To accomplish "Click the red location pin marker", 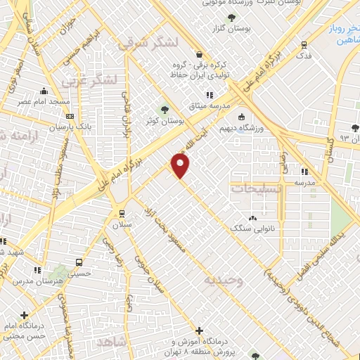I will [x=181, y=165].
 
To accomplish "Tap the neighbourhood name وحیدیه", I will [x=223, y=280].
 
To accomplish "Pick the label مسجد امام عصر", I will [x=44, y=103].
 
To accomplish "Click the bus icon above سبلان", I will [x=122, y=213].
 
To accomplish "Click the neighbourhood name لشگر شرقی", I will [x=139, y=43].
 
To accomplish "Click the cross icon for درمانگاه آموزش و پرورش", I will [x=199, y=330].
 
